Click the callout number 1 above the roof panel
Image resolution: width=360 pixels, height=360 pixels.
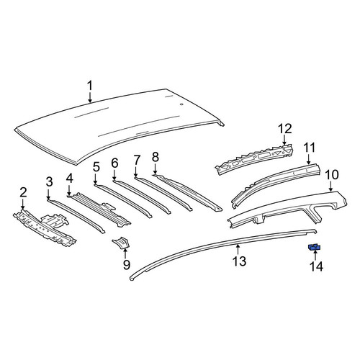click(x=90, y=86)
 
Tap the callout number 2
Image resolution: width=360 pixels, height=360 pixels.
click(x=23, y=193)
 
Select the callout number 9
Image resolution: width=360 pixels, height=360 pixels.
click(x=127, y=265)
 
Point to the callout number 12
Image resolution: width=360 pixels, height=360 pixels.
click(x=285, y=129)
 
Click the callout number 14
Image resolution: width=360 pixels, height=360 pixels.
click(x=317, y=266)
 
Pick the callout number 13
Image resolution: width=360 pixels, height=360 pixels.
click(x=239, y=261)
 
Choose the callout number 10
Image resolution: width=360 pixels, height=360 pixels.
click(x=331, y=175)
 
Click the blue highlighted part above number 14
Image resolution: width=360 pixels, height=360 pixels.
click(x=315, y=247)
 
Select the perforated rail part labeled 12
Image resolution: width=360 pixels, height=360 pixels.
click(x=254, y=158)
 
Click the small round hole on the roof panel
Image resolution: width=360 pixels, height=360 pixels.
click(x=181, y=104)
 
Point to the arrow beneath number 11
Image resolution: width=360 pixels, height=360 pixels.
click(x=309, y=159)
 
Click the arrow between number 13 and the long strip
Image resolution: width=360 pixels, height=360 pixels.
click(x=238, y=249)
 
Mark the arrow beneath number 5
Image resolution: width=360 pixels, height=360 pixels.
click(x=95, y=179)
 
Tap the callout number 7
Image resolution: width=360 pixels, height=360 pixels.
click(x=136, y=161)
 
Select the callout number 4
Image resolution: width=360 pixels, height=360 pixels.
click(x=69, y=179)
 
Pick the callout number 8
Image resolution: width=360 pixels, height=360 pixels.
click(x=156, y=157)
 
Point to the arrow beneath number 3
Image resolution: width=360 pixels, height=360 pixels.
click(x=48, y=194)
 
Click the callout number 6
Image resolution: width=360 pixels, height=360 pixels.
click(x=114, y=163)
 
